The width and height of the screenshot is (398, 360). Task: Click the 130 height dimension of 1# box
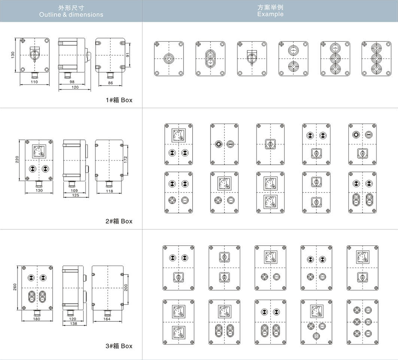pos(13,55)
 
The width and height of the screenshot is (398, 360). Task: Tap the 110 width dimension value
pos(34,82)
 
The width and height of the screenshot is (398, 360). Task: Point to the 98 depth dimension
pos(72,82)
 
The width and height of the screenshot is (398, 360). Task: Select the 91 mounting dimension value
pos(128,54)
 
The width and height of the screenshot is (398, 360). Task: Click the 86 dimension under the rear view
pos(110,83)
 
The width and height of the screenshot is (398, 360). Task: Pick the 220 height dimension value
pos(17,160)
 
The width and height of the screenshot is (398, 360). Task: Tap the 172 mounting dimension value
pos(125,160)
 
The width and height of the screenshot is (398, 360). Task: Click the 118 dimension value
pos(109,191)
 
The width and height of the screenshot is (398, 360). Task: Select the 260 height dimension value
pos(15,287)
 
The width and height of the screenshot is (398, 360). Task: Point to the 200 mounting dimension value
pos(126,288)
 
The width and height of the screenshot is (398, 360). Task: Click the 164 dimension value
pos(107,319)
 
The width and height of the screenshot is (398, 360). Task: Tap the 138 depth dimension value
pos(73,323)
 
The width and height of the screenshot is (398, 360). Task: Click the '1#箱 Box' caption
pos(119,100)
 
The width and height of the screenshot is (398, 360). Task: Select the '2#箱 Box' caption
pos(119,221)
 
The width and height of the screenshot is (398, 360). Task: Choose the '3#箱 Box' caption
pos(119,346)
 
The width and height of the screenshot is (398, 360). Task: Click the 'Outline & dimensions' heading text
pos(71,15)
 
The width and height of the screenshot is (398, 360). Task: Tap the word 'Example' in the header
pos(270,14)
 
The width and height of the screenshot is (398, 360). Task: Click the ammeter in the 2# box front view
pos(39,152)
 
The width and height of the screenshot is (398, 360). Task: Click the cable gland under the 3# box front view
pos(37,313)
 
